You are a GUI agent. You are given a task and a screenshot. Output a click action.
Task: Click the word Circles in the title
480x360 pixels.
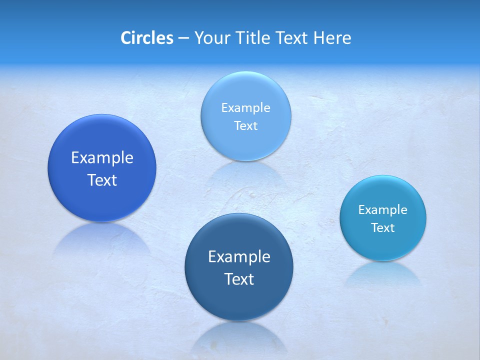coord(146,38)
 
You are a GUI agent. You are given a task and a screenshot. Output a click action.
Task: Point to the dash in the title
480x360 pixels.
coord(183,38)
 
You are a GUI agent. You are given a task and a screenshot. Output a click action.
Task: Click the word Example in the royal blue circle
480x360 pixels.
coord(102,158)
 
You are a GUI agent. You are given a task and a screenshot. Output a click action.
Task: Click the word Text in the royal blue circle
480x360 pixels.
coord(102,180)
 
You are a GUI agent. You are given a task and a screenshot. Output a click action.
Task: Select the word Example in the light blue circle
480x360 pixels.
coord(245,108)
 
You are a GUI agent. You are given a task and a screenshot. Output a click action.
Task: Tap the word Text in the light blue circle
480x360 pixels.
coord(245,126)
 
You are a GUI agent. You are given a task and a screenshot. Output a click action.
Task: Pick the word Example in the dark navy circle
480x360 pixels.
coord(239,257)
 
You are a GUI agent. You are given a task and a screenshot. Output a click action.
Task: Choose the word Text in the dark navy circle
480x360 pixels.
coord(239,279)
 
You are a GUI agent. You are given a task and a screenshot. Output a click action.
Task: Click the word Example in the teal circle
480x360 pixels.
coord(382,210)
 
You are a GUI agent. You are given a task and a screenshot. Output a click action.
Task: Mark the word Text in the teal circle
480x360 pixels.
coord(383,228)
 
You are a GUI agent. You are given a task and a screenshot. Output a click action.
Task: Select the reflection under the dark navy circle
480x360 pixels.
coord(239,337)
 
